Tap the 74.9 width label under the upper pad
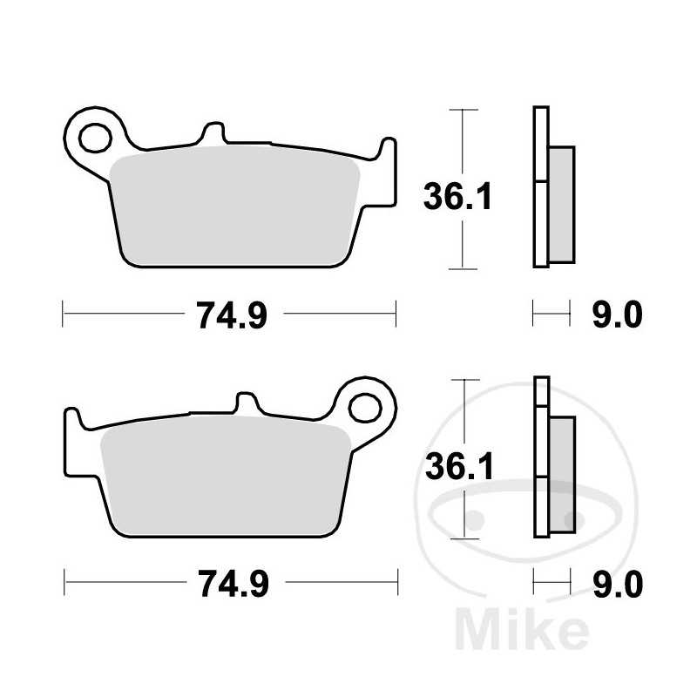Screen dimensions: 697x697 pos(230,315)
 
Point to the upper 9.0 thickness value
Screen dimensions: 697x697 pos(617,315)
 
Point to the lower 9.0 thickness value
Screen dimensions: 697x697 pos(617,583)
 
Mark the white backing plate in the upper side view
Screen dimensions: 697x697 pos(541,187)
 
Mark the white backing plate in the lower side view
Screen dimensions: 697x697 pos(541,457)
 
